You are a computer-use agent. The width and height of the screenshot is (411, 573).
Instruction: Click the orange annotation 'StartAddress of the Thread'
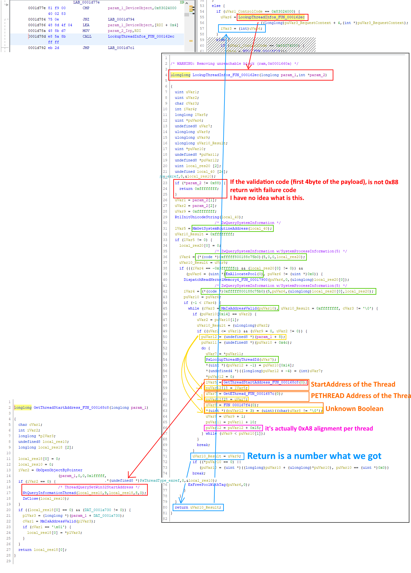pyautogui.click(x=353, y=384)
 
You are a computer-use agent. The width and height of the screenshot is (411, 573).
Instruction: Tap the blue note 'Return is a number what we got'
pyautogui.click(x=314, y=456)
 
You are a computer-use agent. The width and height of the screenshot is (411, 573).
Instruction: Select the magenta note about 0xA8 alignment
pyautogui.click(x=319, y=428)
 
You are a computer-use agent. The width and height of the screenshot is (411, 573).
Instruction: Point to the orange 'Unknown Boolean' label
pyautogui.click(x=354, y=409)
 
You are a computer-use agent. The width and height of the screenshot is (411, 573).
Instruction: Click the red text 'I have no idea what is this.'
pyautogui.click(x=267, y=198)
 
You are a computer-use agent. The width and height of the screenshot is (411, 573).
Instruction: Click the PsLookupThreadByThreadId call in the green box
pyautogui.click(x=241, y=359)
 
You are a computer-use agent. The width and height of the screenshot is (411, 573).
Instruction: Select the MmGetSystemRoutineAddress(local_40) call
pyautogui.click(x=232, y=228)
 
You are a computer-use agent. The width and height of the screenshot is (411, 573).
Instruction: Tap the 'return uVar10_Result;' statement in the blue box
pyautogui.click(x=198, y=507)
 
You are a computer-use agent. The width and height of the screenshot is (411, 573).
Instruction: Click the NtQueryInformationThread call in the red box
pyautogui.click(x=84, y=493)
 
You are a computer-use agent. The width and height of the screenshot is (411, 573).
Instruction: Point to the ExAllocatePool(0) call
pyautogui.click(x=244, y=274)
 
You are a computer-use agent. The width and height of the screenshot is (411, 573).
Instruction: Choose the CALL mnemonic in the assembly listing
pyautogui.click(x=87, y=36)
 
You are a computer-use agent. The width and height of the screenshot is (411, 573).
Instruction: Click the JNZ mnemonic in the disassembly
pyautogui.click(x=86, y=19)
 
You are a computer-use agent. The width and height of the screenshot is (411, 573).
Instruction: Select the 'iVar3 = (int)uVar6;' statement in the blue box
pyautogui.click(x=241, y=28)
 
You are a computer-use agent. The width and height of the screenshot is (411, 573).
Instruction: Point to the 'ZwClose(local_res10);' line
pyautogui.click(x=45, y=498)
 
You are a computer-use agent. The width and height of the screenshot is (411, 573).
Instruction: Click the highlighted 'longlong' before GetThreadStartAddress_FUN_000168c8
pyautogui.click(x=23, y=407)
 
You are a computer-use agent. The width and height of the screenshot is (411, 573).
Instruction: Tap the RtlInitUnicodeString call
pyautogui.click(x=209, y=217)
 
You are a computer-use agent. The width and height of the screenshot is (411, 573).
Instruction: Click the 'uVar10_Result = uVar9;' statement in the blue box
pyautogui.click(x=217, y=456)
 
